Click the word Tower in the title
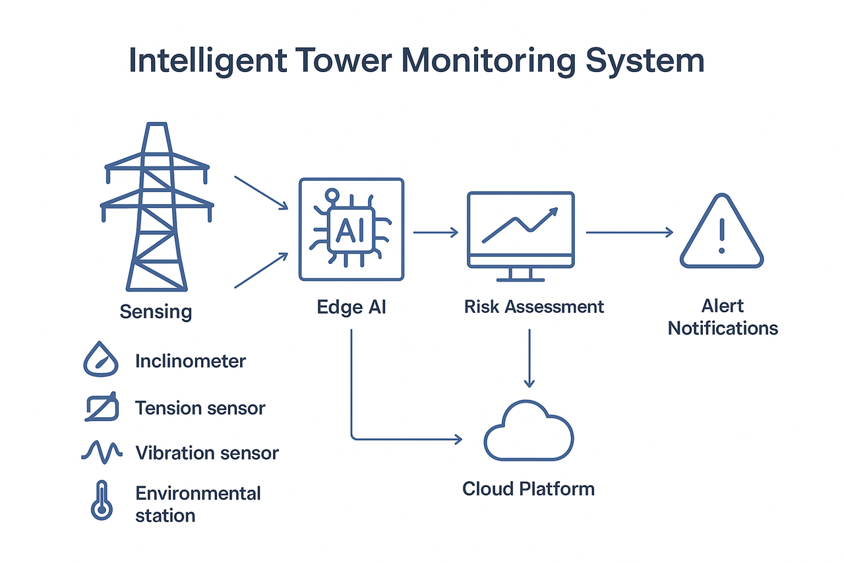coord(340,60)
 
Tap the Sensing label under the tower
coord(156,312)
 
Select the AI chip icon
coord(351,230)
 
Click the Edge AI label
coord(351,307)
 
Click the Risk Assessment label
coord(533,307)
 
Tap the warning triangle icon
coord(721,233)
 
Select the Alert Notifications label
coord(723,317)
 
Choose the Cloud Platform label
coord(528,489)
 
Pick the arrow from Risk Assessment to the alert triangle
coord(629,232)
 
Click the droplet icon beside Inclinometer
coord(100,361)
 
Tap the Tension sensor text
coord(200,408)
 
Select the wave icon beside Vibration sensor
coord(102,451)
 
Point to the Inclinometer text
coord(190,361)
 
